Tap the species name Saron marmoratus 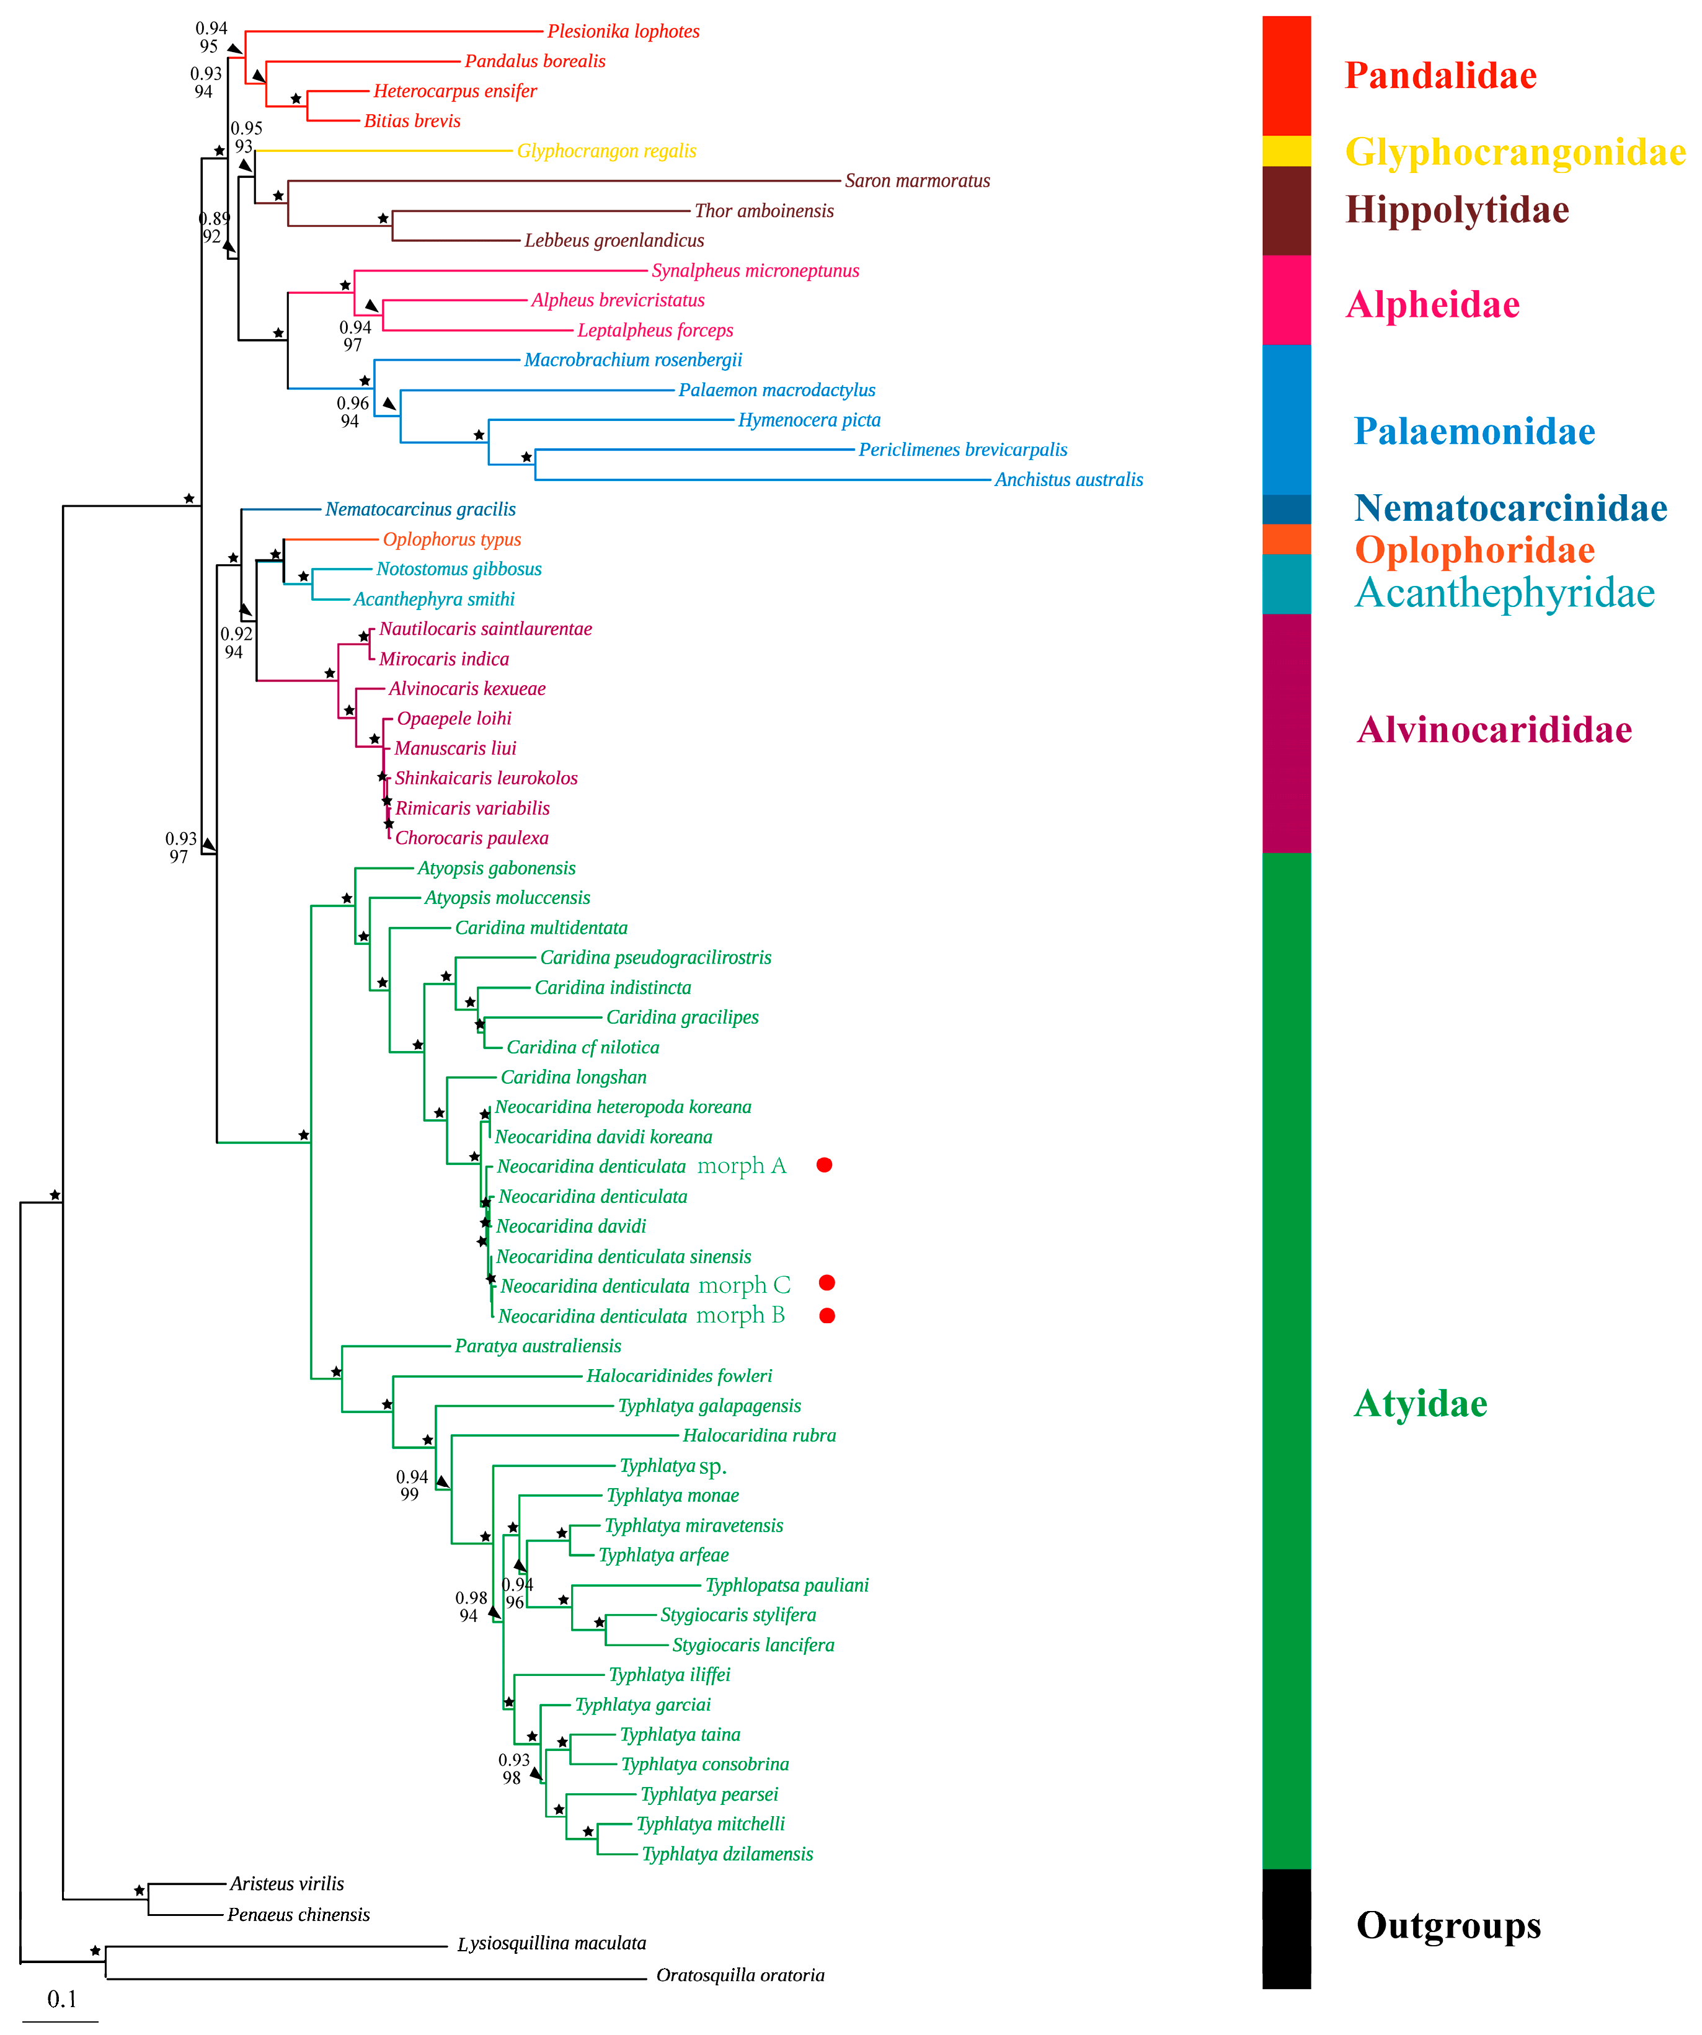(x=917, y=181)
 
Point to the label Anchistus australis (x=1068, y=480)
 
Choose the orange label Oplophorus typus (x=451, y=540)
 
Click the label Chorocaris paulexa (x=471, y=838)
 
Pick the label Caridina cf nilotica (x=582, y=1047)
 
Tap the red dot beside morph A (x=824, y=1165)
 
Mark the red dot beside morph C (x=827, y=1283)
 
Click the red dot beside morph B (x=827, y=1316)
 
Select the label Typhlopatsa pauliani (x=786, y=1585)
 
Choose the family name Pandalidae (x=1440, y=76)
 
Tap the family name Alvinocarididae (x=1494, y=730)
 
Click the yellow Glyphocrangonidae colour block (x=1286, y=151)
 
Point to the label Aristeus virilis (x=287, y=1884)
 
